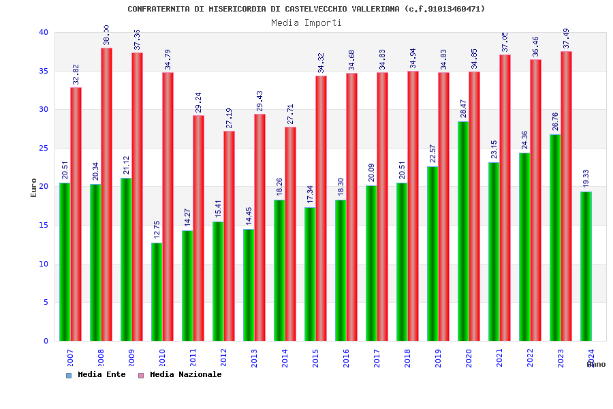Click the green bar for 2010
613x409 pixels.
pos(157,292)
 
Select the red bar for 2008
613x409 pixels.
pos(107,194)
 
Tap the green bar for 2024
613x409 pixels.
pos(586,266)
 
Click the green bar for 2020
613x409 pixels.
pos(463,231)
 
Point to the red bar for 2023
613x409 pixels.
pos(567,196)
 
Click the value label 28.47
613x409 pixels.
pos(463,108)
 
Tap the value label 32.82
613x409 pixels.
pos(76,74)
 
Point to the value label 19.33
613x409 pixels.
pos(586,179)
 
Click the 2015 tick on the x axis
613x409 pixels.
pos(316,359)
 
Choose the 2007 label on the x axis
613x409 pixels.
pos(71,359)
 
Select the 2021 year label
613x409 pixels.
pos(500,359)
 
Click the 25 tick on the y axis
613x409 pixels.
pos(44,148)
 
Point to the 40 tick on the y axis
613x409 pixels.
pos(44,32)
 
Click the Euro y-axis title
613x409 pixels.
pos(34,187)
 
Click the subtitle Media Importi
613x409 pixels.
pos(306,22)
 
